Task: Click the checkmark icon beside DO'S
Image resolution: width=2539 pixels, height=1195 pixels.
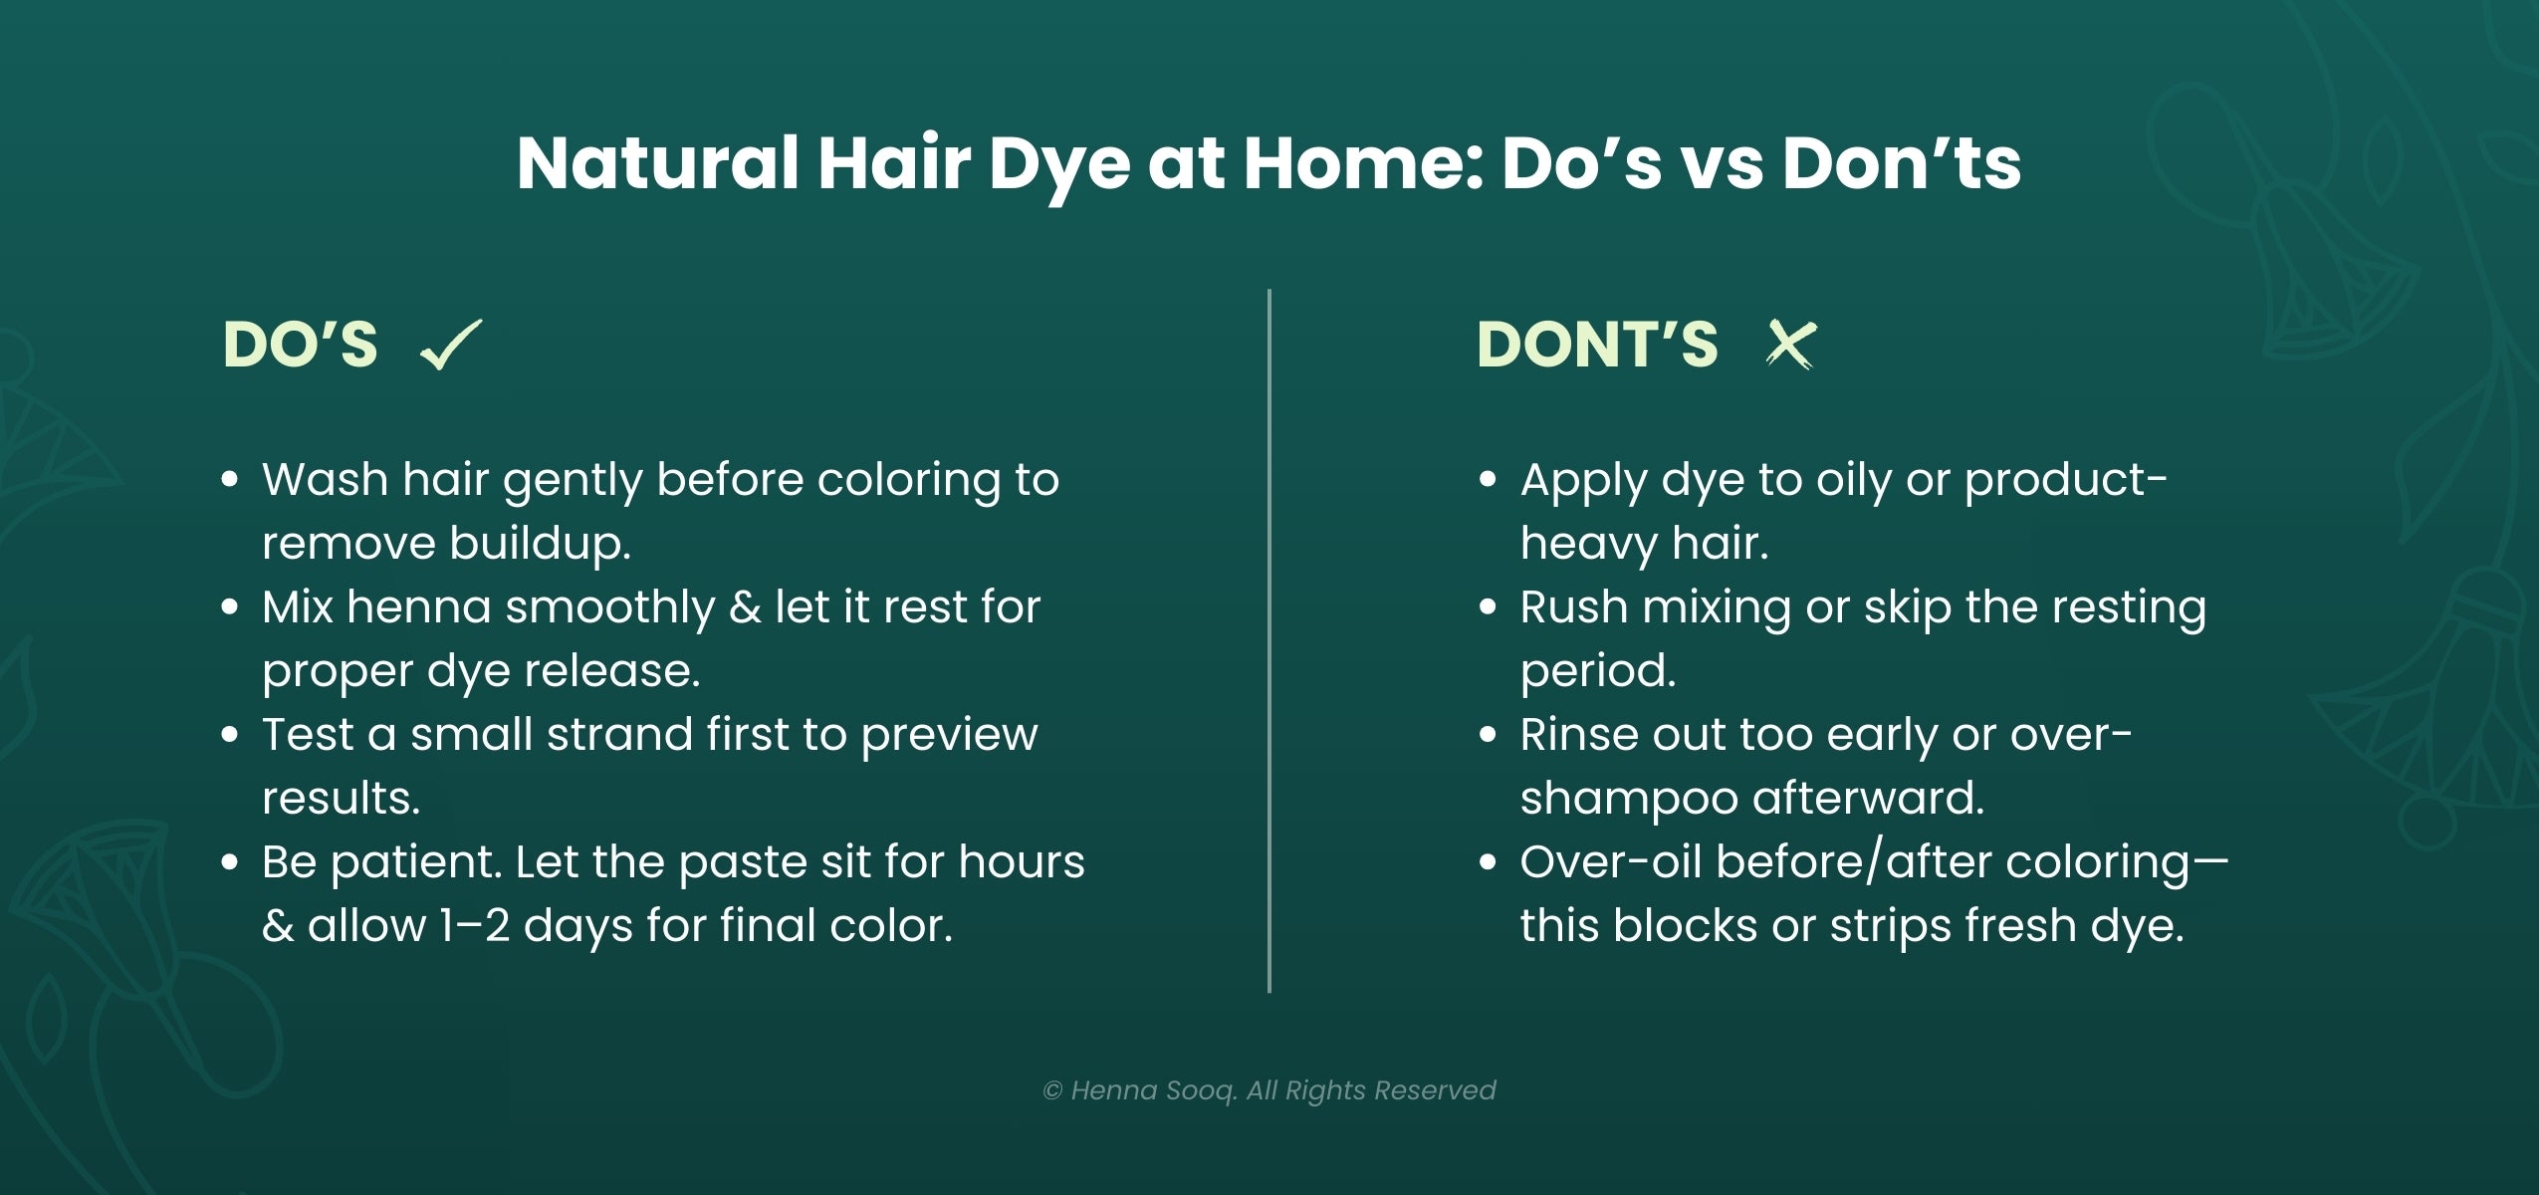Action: pos(451,345)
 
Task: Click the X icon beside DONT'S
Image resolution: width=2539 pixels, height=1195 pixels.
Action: pos(1789,345)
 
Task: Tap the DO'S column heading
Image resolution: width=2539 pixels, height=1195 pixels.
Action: pos(300,345)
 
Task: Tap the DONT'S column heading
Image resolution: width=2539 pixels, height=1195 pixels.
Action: pos(1597,345)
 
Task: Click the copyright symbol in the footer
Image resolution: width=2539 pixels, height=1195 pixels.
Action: pos(1052,1091)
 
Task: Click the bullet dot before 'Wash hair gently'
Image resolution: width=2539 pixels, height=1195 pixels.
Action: pos(230,480)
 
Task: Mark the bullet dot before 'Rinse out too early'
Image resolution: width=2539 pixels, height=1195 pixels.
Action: pos(1488,735)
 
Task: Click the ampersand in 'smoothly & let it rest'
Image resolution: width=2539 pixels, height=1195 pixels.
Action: pos(745,607)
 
